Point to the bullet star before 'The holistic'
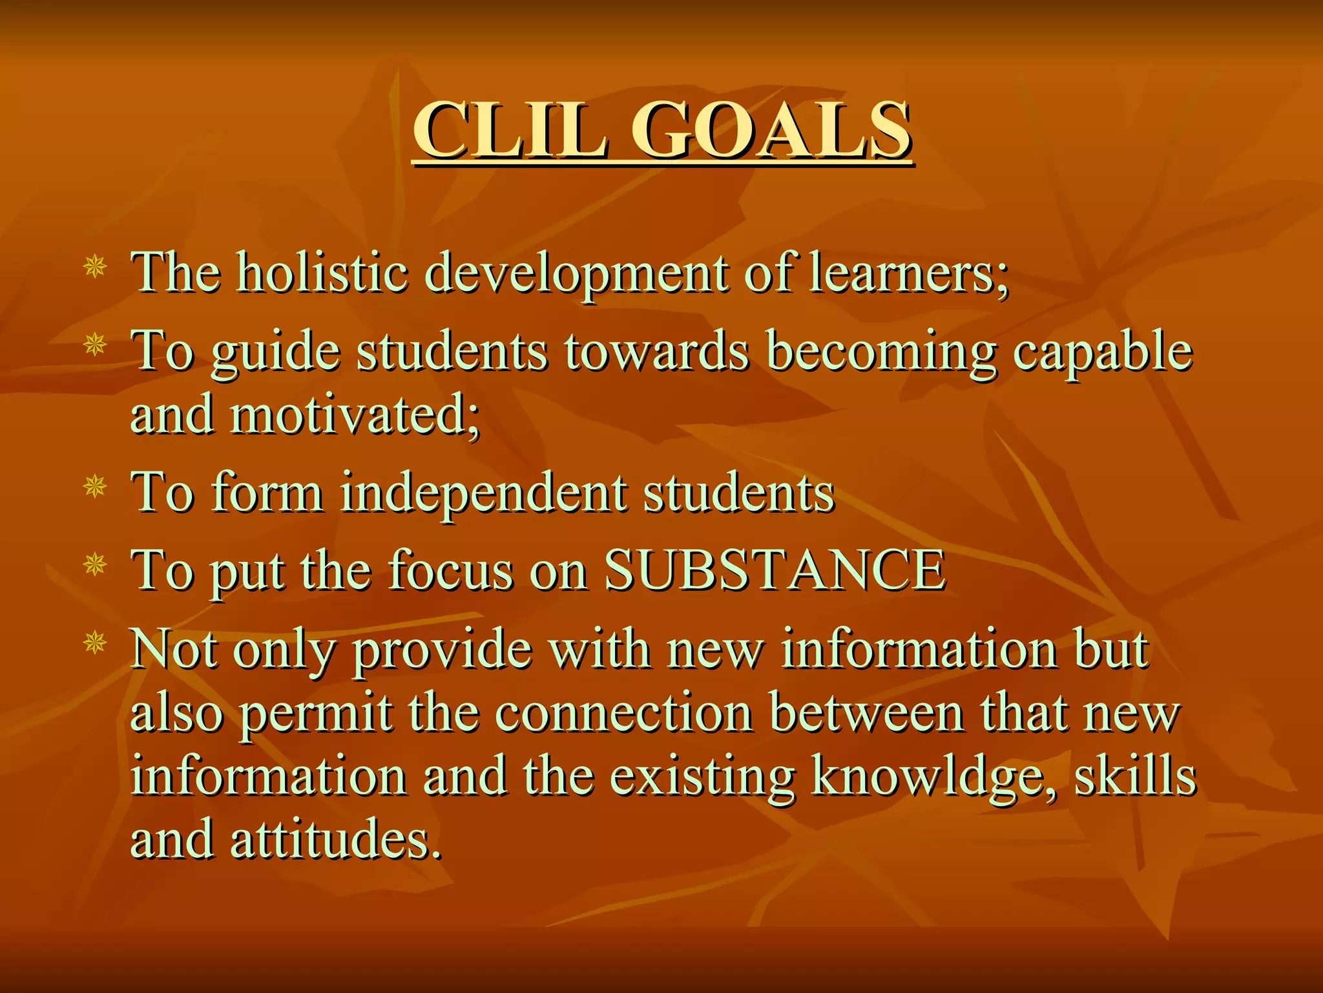[95, 266]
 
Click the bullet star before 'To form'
[95, 486]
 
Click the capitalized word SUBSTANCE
[775, 570]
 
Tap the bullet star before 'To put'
[95, 564]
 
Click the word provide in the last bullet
[442, 650]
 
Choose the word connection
[624, 714]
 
